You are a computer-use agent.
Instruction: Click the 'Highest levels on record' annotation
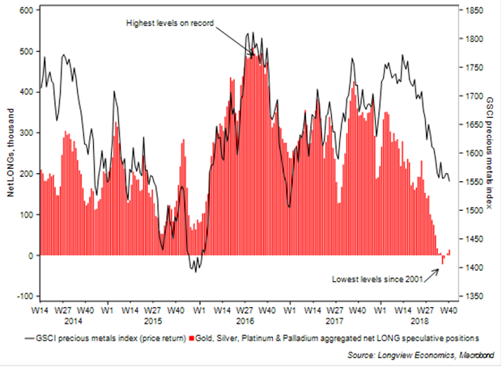tap(169, 23)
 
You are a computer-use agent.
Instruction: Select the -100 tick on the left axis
tap(22, 297)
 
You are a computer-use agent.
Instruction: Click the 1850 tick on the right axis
tap(474, 10)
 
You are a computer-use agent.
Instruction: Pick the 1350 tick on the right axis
tap(474, 297)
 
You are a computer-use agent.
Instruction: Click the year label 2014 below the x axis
tap(65, 321)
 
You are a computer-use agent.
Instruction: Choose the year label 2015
tap(155, 321)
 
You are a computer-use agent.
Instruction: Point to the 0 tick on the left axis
tap(31, 255)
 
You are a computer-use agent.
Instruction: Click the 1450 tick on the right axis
tap(474, 239)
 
